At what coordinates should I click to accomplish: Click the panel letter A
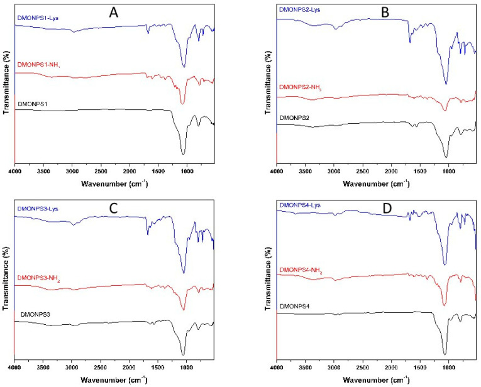point(114,12)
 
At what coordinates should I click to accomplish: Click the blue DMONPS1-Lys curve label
point(38,19)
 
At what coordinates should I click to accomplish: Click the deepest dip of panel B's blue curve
point(446,84)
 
